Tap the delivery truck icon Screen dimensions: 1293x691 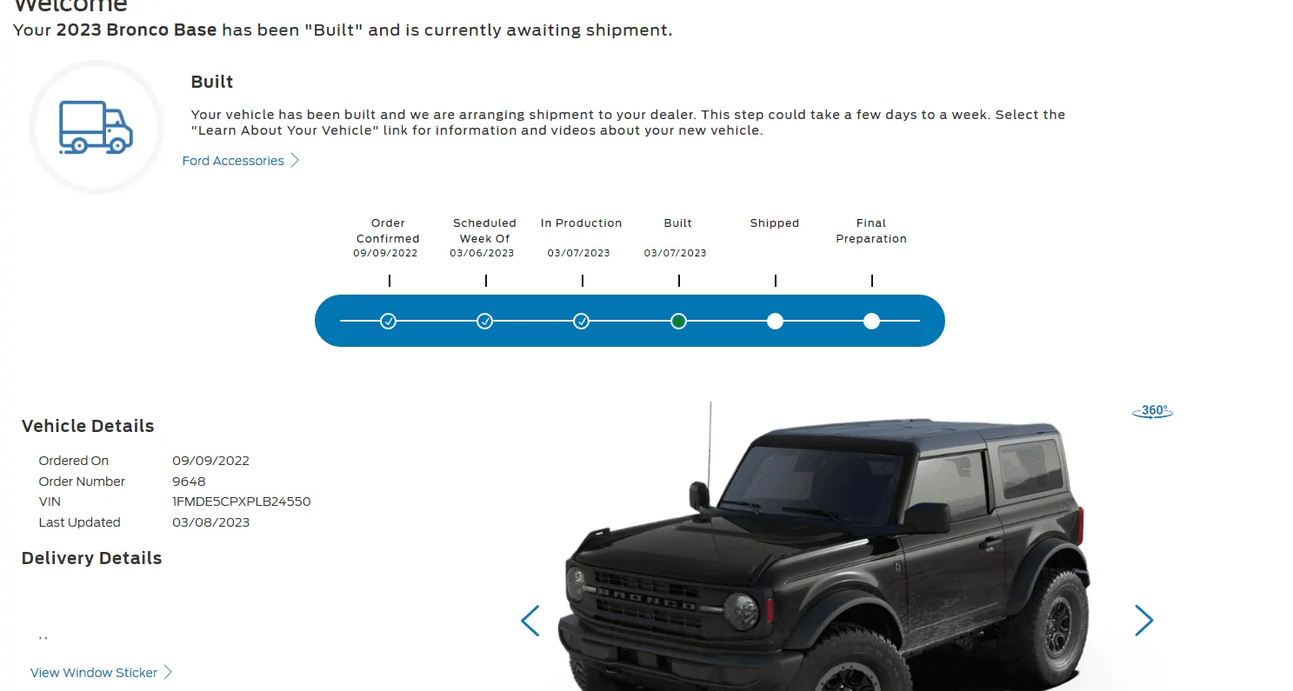click(x=96, y=128)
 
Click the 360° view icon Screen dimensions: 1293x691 click(x=1152, y=411)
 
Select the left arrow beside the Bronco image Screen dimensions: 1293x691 click(x=530, y=621)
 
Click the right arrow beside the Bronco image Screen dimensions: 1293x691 click(x=1143, y=621)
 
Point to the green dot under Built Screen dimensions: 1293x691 click(x=678, y=322)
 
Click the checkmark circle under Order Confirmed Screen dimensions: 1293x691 click(x=388, y=322)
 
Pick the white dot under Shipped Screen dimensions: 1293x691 click(x=775, y=322)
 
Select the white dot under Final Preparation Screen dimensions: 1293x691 click(x=871, y=322)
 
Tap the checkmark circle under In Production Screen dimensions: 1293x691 click(x=581, y=322)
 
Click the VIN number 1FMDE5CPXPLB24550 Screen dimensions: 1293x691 click(x=241, y=502)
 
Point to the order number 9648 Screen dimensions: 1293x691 click(x=189, y=482)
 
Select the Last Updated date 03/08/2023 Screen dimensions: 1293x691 click(x=210, y=522)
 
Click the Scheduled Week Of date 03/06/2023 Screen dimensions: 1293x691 click(x=482, y=253)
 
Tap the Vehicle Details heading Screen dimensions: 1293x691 click(x=88, y=426)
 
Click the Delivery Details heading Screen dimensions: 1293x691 click(x=92, y=558)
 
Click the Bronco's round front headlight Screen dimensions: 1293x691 click(x=741, y=610)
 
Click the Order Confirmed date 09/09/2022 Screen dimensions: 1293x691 click(x=385, y=253)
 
